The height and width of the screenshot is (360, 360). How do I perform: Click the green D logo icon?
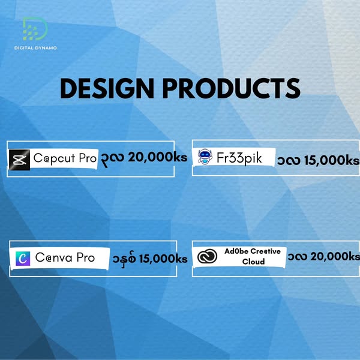tap(35, 28)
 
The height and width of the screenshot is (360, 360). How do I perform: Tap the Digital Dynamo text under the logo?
tap(35, 48)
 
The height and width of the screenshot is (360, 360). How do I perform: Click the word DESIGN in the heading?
tap(107, 88)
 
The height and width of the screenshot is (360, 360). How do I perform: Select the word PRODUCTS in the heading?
tap(232, 88)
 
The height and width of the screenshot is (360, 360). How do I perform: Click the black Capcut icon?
tap(20, 160)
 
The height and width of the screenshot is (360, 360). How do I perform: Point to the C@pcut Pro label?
tap(65, 158)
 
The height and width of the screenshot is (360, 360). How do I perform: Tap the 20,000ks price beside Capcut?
tap(157, 157)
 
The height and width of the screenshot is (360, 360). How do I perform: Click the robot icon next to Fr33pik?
tap(205, 157)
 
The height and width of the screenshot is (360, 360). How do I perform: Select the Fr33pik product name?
tap(239, 158)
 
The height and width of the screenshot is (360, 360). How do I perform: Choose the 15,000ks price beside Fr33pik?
tap(332, 160)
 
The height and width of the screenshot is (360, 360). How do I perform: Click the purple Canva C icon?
tap(23, 259)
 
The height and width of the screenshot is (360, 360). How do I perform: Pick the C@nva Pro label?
tap(65, 257)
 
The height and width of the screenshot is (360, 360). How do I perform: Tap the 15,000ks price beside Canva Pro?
tap(163, 259)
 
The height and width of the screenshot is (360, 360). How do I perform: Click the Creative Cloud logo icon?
tap(208, 256)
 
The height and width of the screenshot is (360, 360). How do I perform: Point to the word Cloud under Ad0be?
tap(253, 262)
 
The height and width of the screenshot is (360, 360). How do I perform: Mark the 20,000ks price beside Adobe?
tap(335, 256)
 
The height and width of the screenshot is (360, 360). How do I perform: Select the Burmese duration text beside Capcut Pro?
tap(113, 158)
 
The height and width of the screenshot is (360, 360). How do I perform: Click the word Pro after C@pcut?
tap(88, 158)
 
